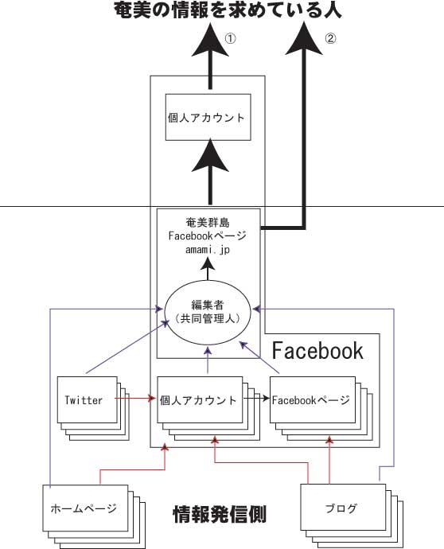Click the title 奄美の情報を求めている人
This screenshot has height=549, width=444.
[228, 10]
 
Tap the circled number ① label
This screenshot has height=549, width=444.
[230, 38]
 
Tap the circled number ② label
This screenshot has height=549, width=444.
[330, 38]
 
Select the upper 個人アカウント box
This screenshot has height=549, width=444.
[208, 117]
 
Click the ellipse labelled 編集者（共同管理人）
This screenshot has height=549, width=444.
[208, 312]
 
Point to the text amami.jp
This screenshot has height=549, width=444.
[208, 250]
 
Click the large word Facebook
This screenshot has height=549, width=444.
[317, 350]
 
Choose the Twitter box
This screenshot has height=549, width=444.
[88, 400]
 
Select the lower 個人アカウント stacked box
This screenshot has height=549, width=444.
[200, 400]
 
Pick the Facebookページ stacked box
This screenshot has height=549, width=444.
[313, 400]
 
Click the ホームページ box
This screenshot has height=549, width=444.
[85, 508]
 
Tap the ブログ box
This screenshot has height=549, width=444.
[343, 508]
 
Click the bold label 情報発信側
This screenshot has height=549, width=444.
[220, 514]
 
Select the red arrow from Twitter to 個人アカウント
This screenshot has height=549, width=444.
[135, 398]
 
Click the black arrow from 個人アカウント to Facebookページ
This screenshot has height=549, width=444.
[256, 398]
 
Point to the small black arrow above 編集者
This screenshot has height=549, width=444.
[208, 269]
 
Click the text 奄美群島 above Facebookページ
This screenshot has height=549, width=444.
[208, 222]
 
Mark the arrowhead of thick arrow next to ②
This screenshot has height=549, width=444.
[304, 38]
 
